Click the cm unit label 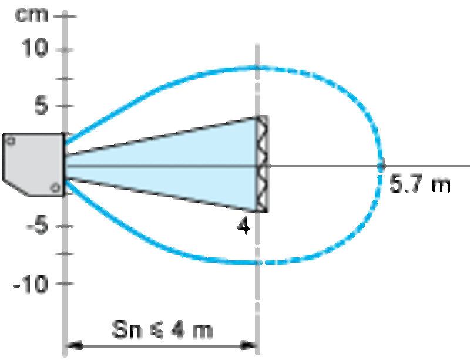pyautogui.click(x=31, y=15)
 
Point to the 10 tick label pyautogui.click(x=35, y=48)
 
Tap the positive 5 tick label pyautogui.click(x=41, y=106)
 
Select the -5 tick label pyautogui.click(x=37, y=226)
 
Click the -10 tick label pyautogui.click(x=31, y=284)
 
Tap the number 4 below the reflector pyautogui.click(x=243, y=226)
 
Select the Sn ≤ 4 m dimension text pyautogui.click(x=162, y=329)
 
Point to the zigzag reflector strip pyautogui.click(x=263, y=164)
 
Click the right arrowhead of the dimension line pyautogui.click(x=248, y=346)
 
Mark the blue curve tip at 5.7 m pyautogui.click(x=381, y=165)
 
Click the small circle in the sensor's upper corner pyautogui.click(x=11, y=141)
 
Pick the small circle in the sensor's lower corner pyautogui.click(x=55, y=188)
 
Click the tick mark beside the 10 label pyautogui.click(x=65, y=50)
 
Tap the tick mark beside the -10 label pyautogui.click(x=65, y=283)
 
